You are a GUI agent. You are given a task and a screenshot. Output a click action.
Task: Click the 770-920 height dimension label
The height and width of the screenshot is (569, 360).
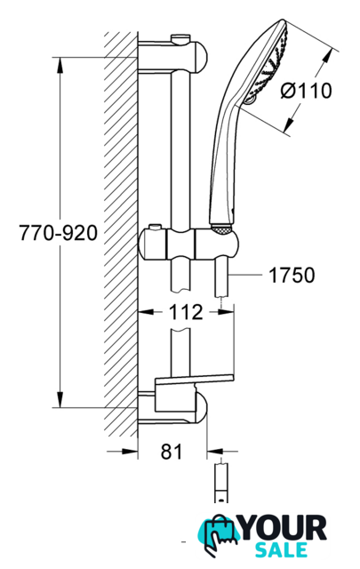[x=58, y=233]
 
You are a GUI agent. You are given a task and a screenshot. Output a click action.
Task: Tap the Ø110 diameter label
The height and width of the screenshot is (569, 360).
[x=307, y=91]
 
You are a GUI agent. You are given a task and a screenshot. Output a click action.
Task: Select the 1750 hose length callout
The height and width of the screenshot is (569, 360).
[x=292, y=275]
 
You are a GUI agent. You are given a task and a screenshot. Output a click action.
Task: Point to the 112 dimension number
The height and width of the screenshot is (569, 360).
[x=186, y=312]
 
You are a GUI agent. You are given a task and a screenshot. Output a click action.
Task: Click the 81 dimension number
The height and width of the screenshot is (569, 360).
[x=172, y=452]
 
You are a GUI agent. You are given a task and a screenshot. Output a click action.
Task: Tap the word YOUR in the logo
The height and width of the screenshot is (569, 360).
[x=284, y=528]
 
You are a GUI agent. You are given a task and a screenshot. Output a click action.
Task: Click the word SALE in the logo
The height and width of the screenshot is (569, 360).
[x=281, y=550]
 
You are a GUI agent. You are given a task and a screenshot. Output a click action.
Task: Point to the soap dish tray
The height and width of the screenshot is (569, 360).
[x=194, y=380]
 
